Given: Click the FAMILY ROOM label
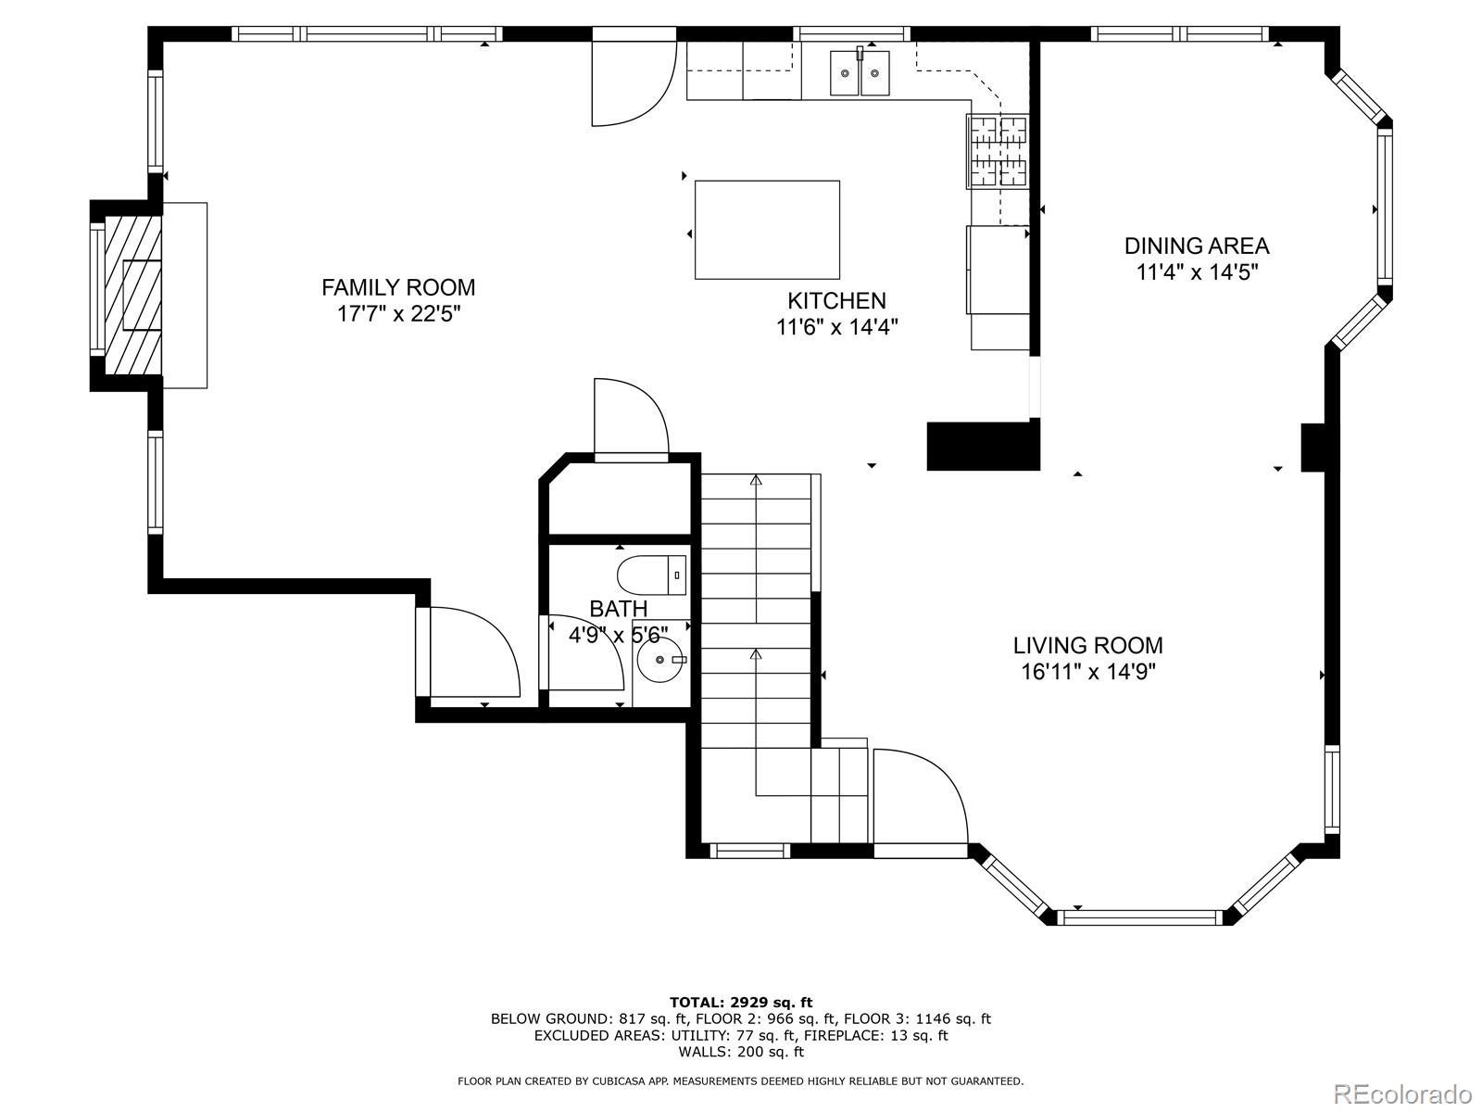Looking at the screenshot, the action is tap(398, 287).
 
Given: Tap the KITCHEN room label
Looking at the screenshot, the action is tap(836, 300).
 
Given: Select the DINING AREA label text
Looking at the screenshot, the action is tap(1197, 246).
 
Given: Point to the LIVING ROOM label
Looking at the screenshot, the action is tap(1087, 646).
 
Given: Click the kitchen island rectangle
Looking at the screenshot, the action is tap(767, 230).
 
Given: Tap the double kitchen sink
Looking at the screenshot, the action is tap(860, 72).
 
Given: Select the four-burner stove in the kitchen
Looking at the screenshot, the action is tap(998, 151).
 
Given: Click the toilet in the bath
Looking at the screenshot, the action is tap(651, 575).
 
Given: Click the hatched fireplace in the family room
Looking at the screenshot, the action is tap(133, 295).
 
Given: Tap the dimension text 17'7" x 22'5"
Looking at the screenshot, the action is tap(398, 314).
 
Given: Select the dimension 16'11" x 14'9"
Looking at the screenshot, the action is tap(1087, 673).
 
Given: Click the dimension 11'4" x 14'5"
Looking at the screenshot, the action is tap(1197, 272).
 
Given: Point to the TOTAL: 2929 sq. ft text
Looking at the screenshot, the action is tap(741, 1003).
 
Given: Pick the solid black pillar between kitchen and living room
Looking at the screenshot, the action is tap(983, 446).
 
